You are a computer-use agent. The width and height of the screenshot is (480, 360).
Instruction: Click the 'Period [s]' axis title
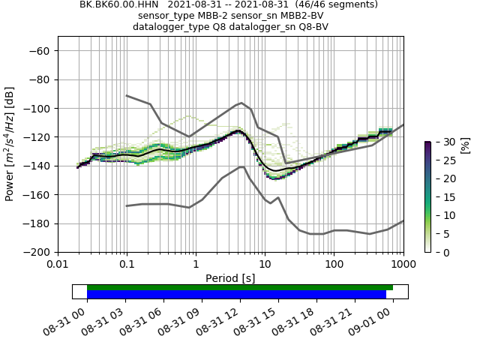230,277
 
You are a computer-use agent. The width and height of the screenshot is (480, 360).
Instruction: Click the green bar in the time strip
240,287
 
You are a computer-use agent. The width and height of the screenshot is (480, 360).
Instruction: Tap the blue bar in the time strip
236,295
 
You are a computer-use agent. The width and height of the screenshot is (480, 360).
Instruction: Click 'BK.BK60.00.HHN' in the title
115,4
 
